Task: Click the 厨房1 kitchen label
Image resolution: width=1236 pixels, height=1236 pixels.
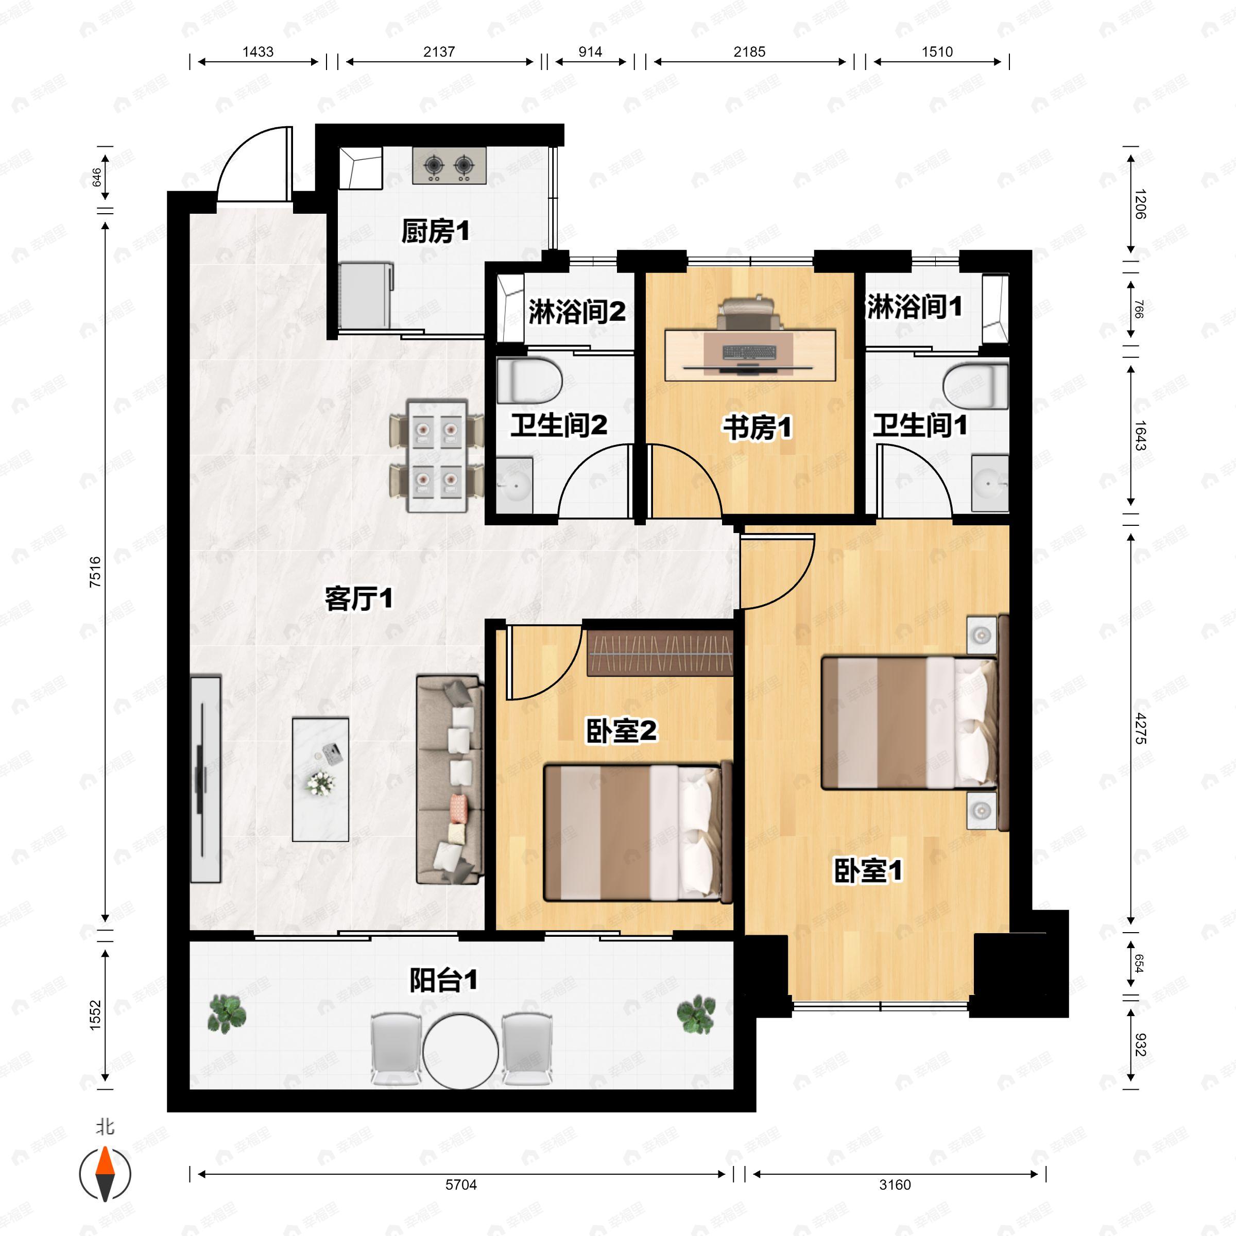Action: [x=435, y=231]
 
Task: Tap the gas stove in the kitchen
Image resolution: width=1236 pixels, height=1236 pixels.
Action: [x=449, y=166]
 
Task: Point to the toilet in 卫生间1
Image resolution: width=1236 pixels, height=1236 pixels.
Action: [x=975, y=386]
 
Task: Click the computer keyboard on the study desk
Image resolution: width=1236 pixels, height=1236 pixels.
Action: [x=750, y=352]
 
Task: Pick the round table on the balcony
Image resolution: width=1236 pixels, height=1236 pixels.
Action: [x=460, y=1051]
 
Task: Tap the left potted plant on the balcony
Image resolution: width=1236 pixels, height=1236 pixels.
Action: [x=227, y=1014]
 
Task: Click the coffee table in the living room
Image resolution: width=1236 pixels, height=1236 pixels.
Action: [x=320, y=779]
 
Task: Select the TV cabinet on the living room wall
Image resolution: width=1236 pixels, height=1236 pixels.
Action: [x=205, y=779]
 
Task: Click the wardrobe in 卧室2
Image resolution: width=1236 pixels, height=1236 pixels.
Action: [x=660, y=653]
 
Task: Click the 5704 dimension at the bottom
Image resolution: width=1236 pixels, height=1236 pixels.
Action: [x=461, y=1185]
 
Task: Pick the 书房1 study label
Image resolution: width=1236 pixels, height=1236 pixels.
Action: [x=758, y=427]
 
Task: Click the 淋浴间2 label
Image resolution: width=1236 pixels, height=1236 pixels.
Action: [x=576, y=312]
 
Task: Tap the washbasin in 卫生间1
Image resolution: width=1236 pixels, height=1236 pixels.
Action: [x=990, y=484]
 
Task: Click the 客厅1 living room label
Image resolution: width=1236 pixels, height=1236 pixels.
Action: [x=358, y=599]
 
